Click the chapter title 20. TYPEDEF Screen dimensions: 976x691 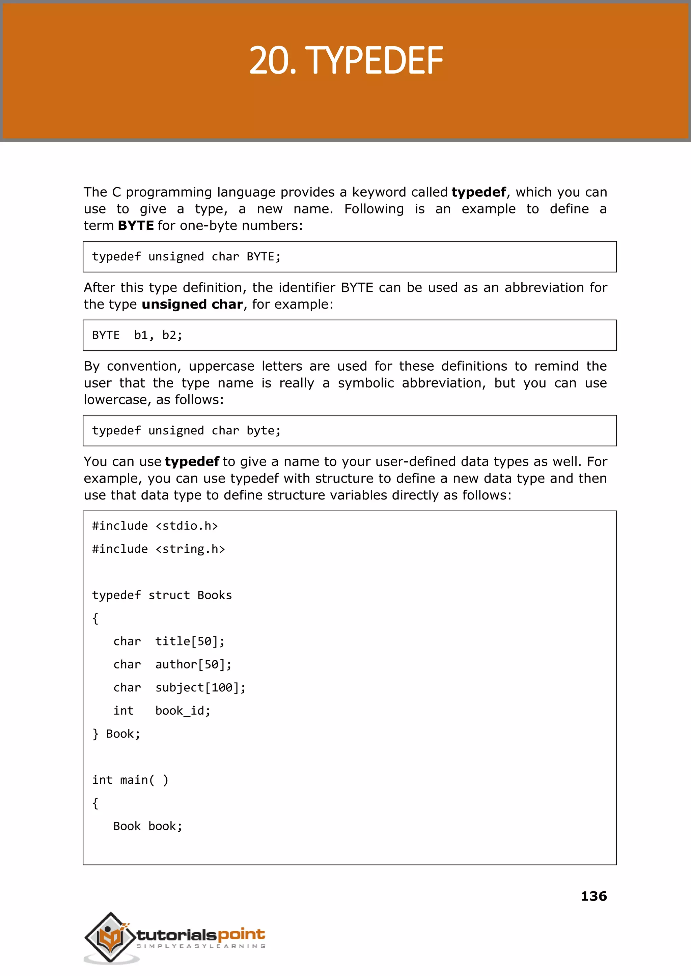click(x=345, y=61)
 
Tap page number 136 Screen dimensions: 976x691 click(x=593, y=896)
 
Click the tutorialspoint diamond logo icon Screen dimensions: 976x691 click(x=110, y=937)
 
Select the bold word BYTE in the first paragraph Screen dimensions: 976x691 click(x=136, y=225)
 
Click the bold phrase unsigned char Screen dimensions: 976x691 click(x=192, y=304)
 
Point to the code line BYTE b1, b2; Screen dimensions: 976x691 click(x=137, y=336)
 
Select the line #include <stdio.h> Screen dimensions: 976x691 click(x=155, y=526)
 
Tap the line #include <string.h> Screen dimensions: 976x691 click(x=158, y=549)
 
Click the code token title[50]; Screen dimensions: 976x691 click(x=190, y=641)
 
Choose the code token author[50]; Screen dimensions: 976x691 click(x=193, y=664)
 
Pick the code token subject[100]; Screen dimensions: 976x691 click(x=200, y=688)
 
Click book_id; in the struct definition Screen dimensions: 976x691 click(x=183, y=711)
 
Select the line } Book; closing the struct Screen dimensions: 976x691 click(x=116, y=734)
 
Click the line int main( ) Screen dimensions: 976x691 click(x=130, y=780)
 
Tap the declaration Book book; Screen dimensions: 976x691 click(x=148, y=826)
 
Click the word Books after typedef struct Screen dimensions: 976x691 click(x=215, y=595)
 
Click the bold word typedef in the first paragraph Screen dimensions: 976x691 click(x=479, y=192)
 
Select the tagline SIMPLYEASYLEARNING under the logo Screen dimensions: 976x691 click(x=201, y=946)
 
